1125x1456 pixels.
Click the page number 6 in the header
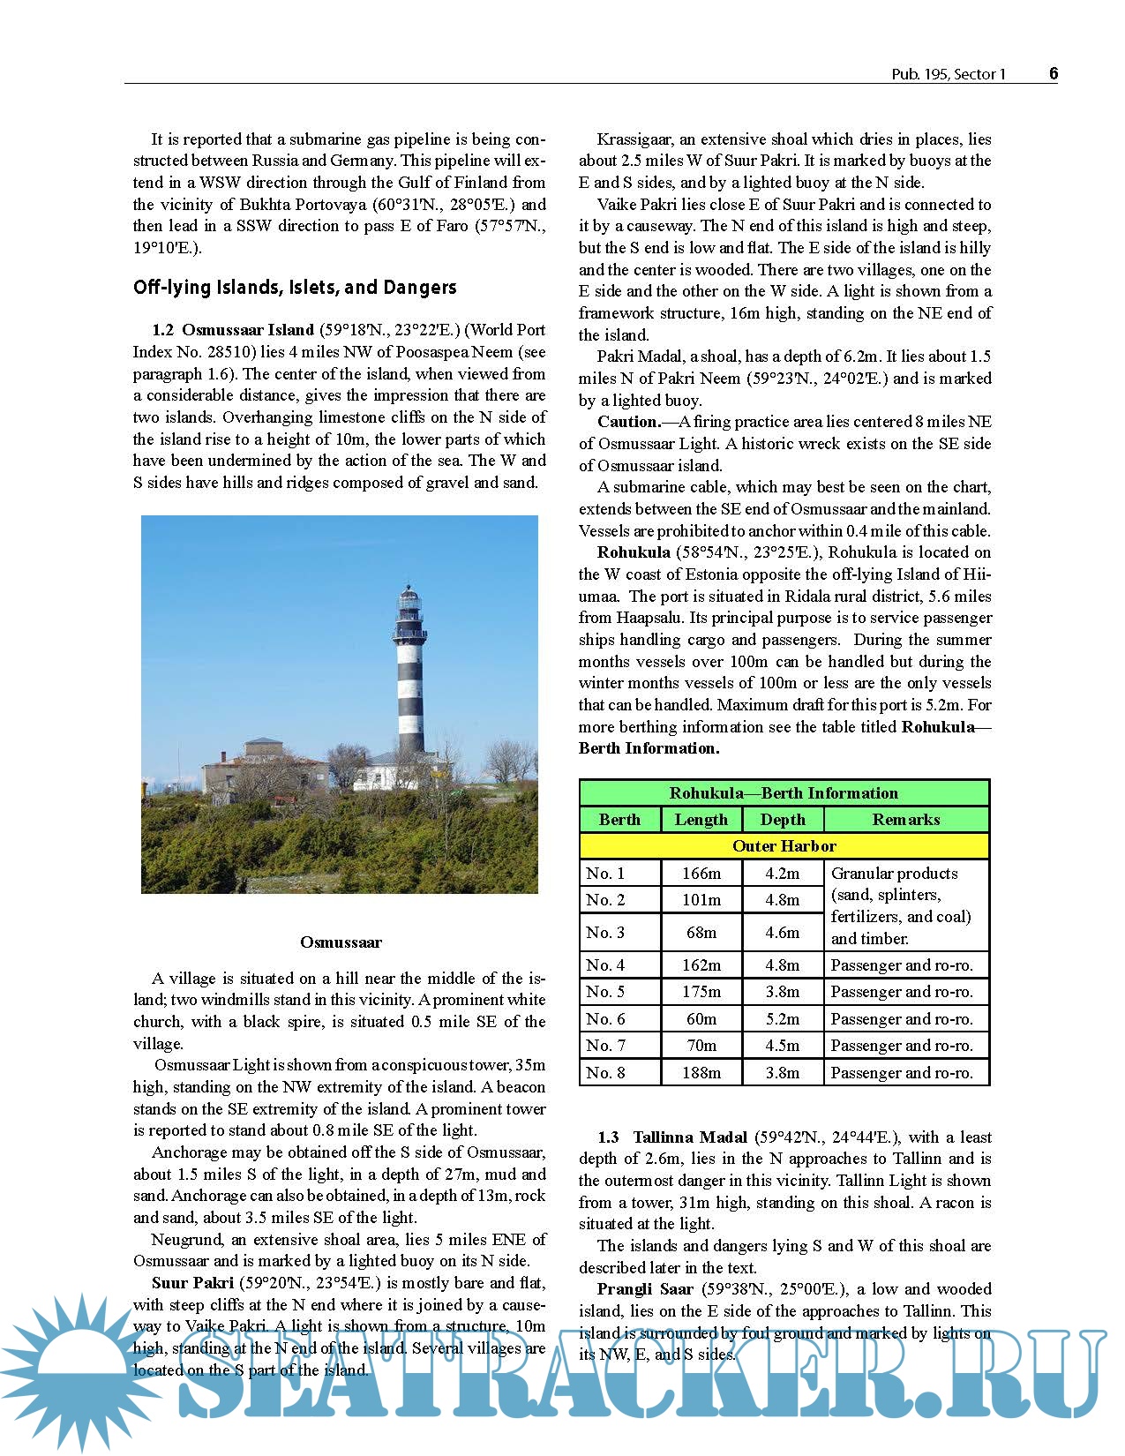[x=1053, y=73]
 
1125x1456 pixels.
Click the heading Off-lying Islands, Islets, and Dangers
[x=295, y=288]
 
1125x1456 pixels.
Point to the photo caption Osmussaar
[x=341, y=942]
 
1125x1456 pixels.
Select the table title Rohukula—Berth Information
[x=784, y=792]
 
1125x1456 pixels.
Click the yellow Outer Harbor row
[x=784, y=845]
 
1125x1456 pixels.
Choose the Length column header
[x=701, y=819]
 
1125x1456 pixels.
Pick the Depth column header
[x=782, y=819]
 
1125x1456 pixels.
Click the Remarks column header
[x=905, y=819]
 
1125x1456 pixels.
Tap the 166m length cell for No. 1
[x=701, y=873]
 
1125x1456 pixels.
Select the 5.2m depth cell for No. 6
[x=782, y=1018]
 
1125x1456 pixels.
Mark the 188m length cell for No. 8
[x=701, y=1072]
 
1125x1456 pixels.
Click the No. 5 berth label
[x=605, y=992]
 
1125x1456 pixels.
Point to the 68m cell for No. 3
[x=701, y=932]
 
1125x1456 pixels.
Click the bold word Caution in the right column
[x=628, y=422]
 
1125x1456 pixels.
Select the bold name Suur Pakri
[x=192, y=1282]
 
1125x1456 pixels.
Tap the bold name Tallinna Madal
[x=689, y=1137]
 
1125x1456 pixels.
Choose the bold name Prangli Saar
[x=645, y=1289]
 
